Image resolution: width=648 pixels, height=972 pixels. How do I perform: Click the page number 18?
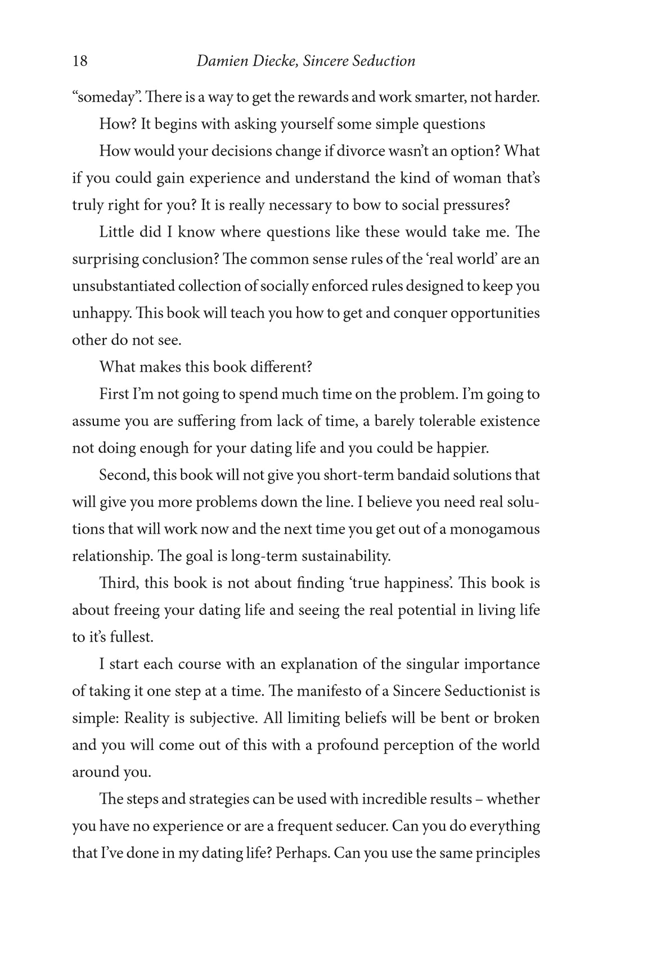pyautogui.click(x=80, y=61)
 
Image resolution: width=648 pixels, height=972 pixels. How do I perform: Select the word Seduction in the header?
pyautogui.click(x=384, y=61)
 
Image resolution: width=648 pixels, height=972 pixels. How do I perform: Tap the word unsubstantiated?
pyautogui.click(x=123, y=286)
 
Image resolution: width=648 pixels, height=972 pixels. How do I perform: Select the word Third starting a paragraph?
pyautogui.click(x=118, y=583)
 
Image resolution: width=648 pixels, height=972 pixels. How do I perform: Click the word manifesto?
pyautogui.click(x=328, y=691)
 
